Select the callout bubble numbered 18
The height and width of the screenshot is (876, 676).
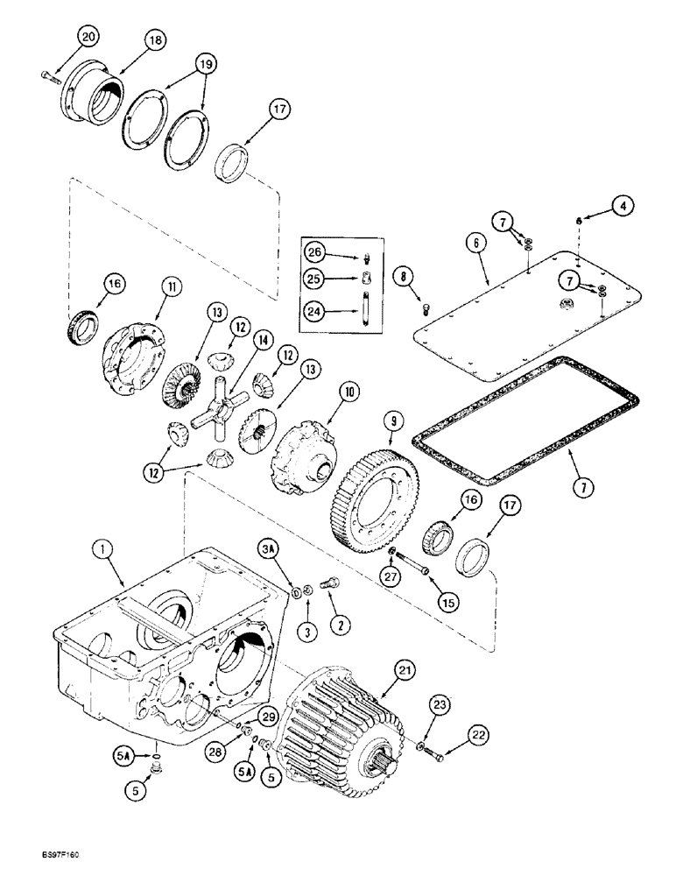tap(156, 41)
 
